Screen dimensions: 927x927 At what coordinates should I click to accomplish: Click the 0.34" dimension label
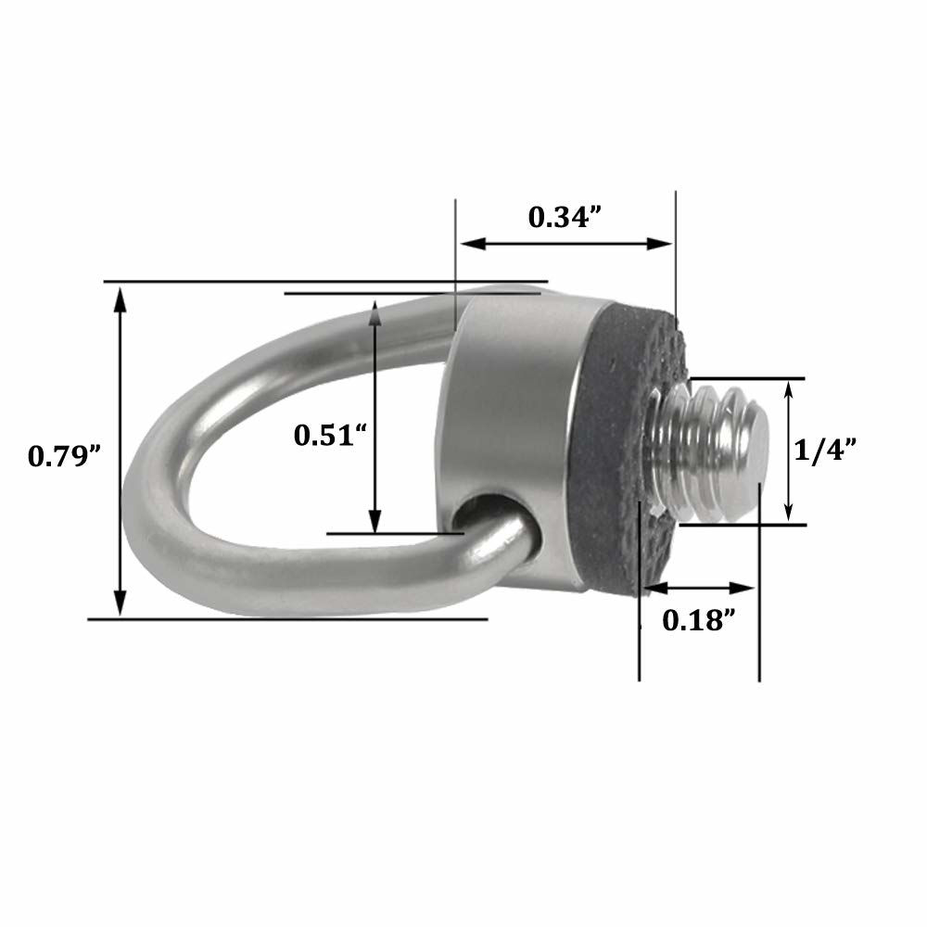(565, 217)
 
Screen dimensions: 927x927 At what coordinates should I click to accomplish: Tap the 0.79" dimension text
(64, 455)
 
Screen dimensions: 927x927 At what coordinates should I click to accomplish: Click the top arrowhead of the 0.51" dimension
(375, 309)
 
